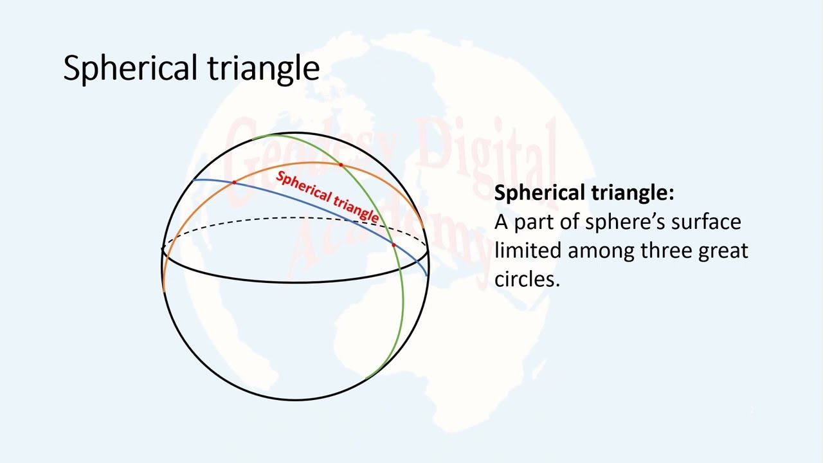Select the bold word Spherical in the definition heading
539,193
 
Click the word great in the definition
723,250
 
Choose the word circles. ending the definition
527,278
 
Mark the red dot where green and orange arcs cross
341,165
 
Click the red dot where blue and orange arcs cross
234,183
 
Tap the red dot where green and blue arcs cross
393,245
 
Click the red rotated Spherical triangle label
327,197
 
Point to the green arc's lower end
366,379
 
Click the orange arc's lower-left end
164,291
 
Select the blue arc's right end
427,275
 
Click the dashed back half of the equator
296,219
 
